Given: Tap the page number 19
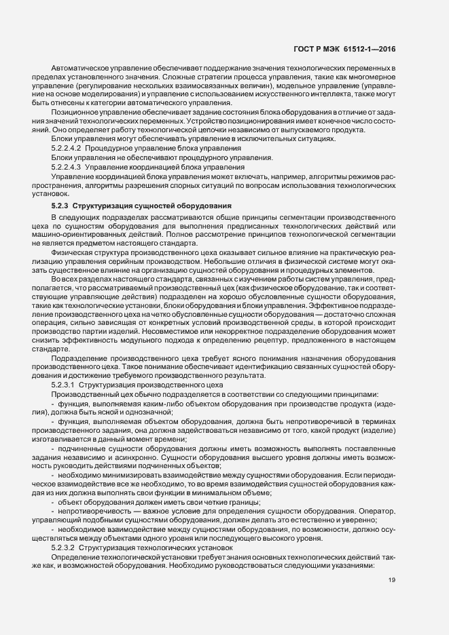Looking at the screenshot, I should [392, 581].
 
